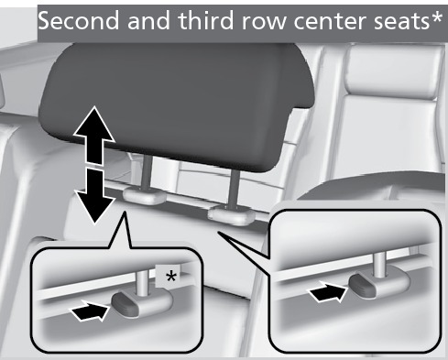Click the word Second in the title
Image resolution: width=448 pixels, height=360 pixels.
pos(79,20)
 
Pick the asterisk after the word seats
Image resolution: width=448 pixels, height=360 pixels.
pos(435,17)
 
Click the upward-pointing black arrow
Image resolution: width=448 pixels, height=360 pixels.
pos(94,136)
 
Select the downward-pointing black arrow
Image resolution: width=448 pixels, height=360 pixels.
pos(94,195)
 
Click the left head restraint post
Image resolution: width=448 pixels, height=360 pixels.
pos(145,172)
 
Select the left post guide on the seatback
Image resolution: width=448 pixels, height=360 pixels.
pos(144,196)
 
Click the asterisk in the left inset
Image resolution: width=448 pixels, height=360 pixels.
pos(170,277)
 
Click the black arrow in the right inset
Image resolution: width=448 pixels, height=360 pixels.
pos(328,292)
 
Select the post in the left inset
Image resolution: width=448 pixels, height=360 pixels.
pos(142,283)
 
